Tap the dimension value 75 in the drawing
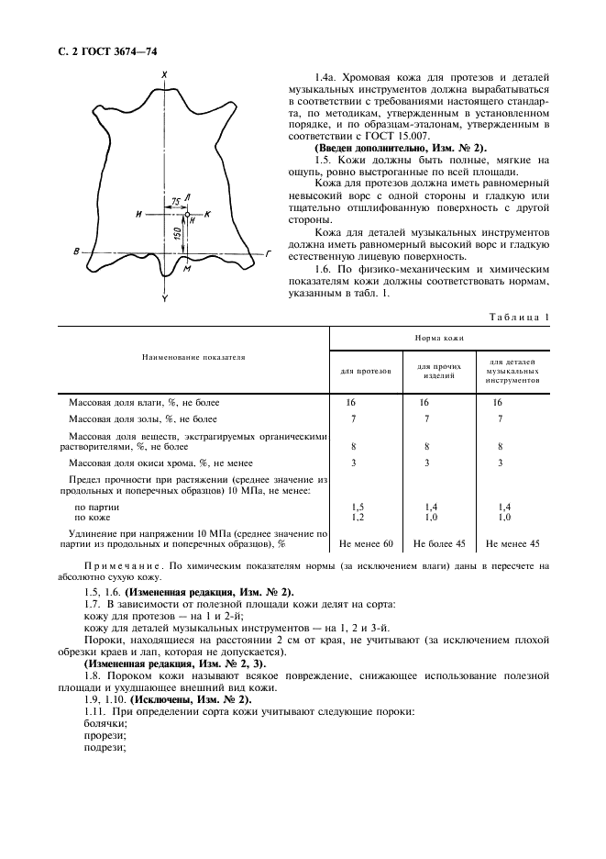[x=174, y=200]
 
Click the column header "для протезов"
[x=366, y=371]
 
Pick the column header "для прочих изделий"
[x=437, y=371]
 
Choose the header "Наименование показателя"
[x=193, y=356]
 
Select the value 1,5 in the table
[x=358, y=506]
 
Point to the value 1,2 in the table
[x=358, y=517]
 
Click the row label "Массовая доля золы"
[x=130, y=418]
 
